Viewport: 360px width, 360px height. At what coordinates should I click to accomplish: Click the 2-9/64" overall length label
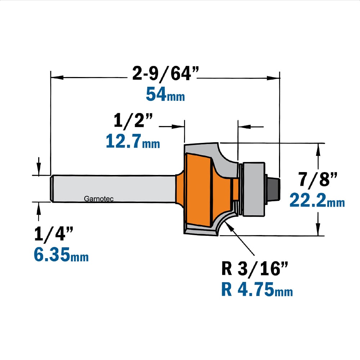(x=165, y=74)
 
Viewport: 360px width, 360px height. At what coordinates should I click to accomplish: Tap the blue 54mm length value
(x=165, y=95)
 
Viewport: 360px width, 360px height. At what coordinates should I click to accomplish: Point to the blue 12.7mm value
(x=133, y=141)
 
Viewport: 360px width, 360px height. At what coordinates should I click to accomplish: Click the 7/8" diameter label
(x=318, y=179)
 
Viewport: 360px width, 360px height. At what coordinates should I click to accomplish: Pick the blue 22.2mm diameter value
(x=317, y=201)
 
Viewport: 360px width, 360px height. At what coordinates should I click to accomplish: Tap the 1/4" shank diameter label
(x=54, y=234)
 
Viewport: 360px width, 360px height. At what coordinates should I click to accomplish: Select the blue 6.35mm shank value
(x=61, y=255)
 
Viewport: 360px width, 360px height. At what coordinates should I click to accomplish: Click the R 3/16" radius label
(x=255, y=269)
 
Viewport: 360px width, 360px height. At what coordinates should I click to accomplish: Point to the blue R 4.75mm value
(x=257, y=289)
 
